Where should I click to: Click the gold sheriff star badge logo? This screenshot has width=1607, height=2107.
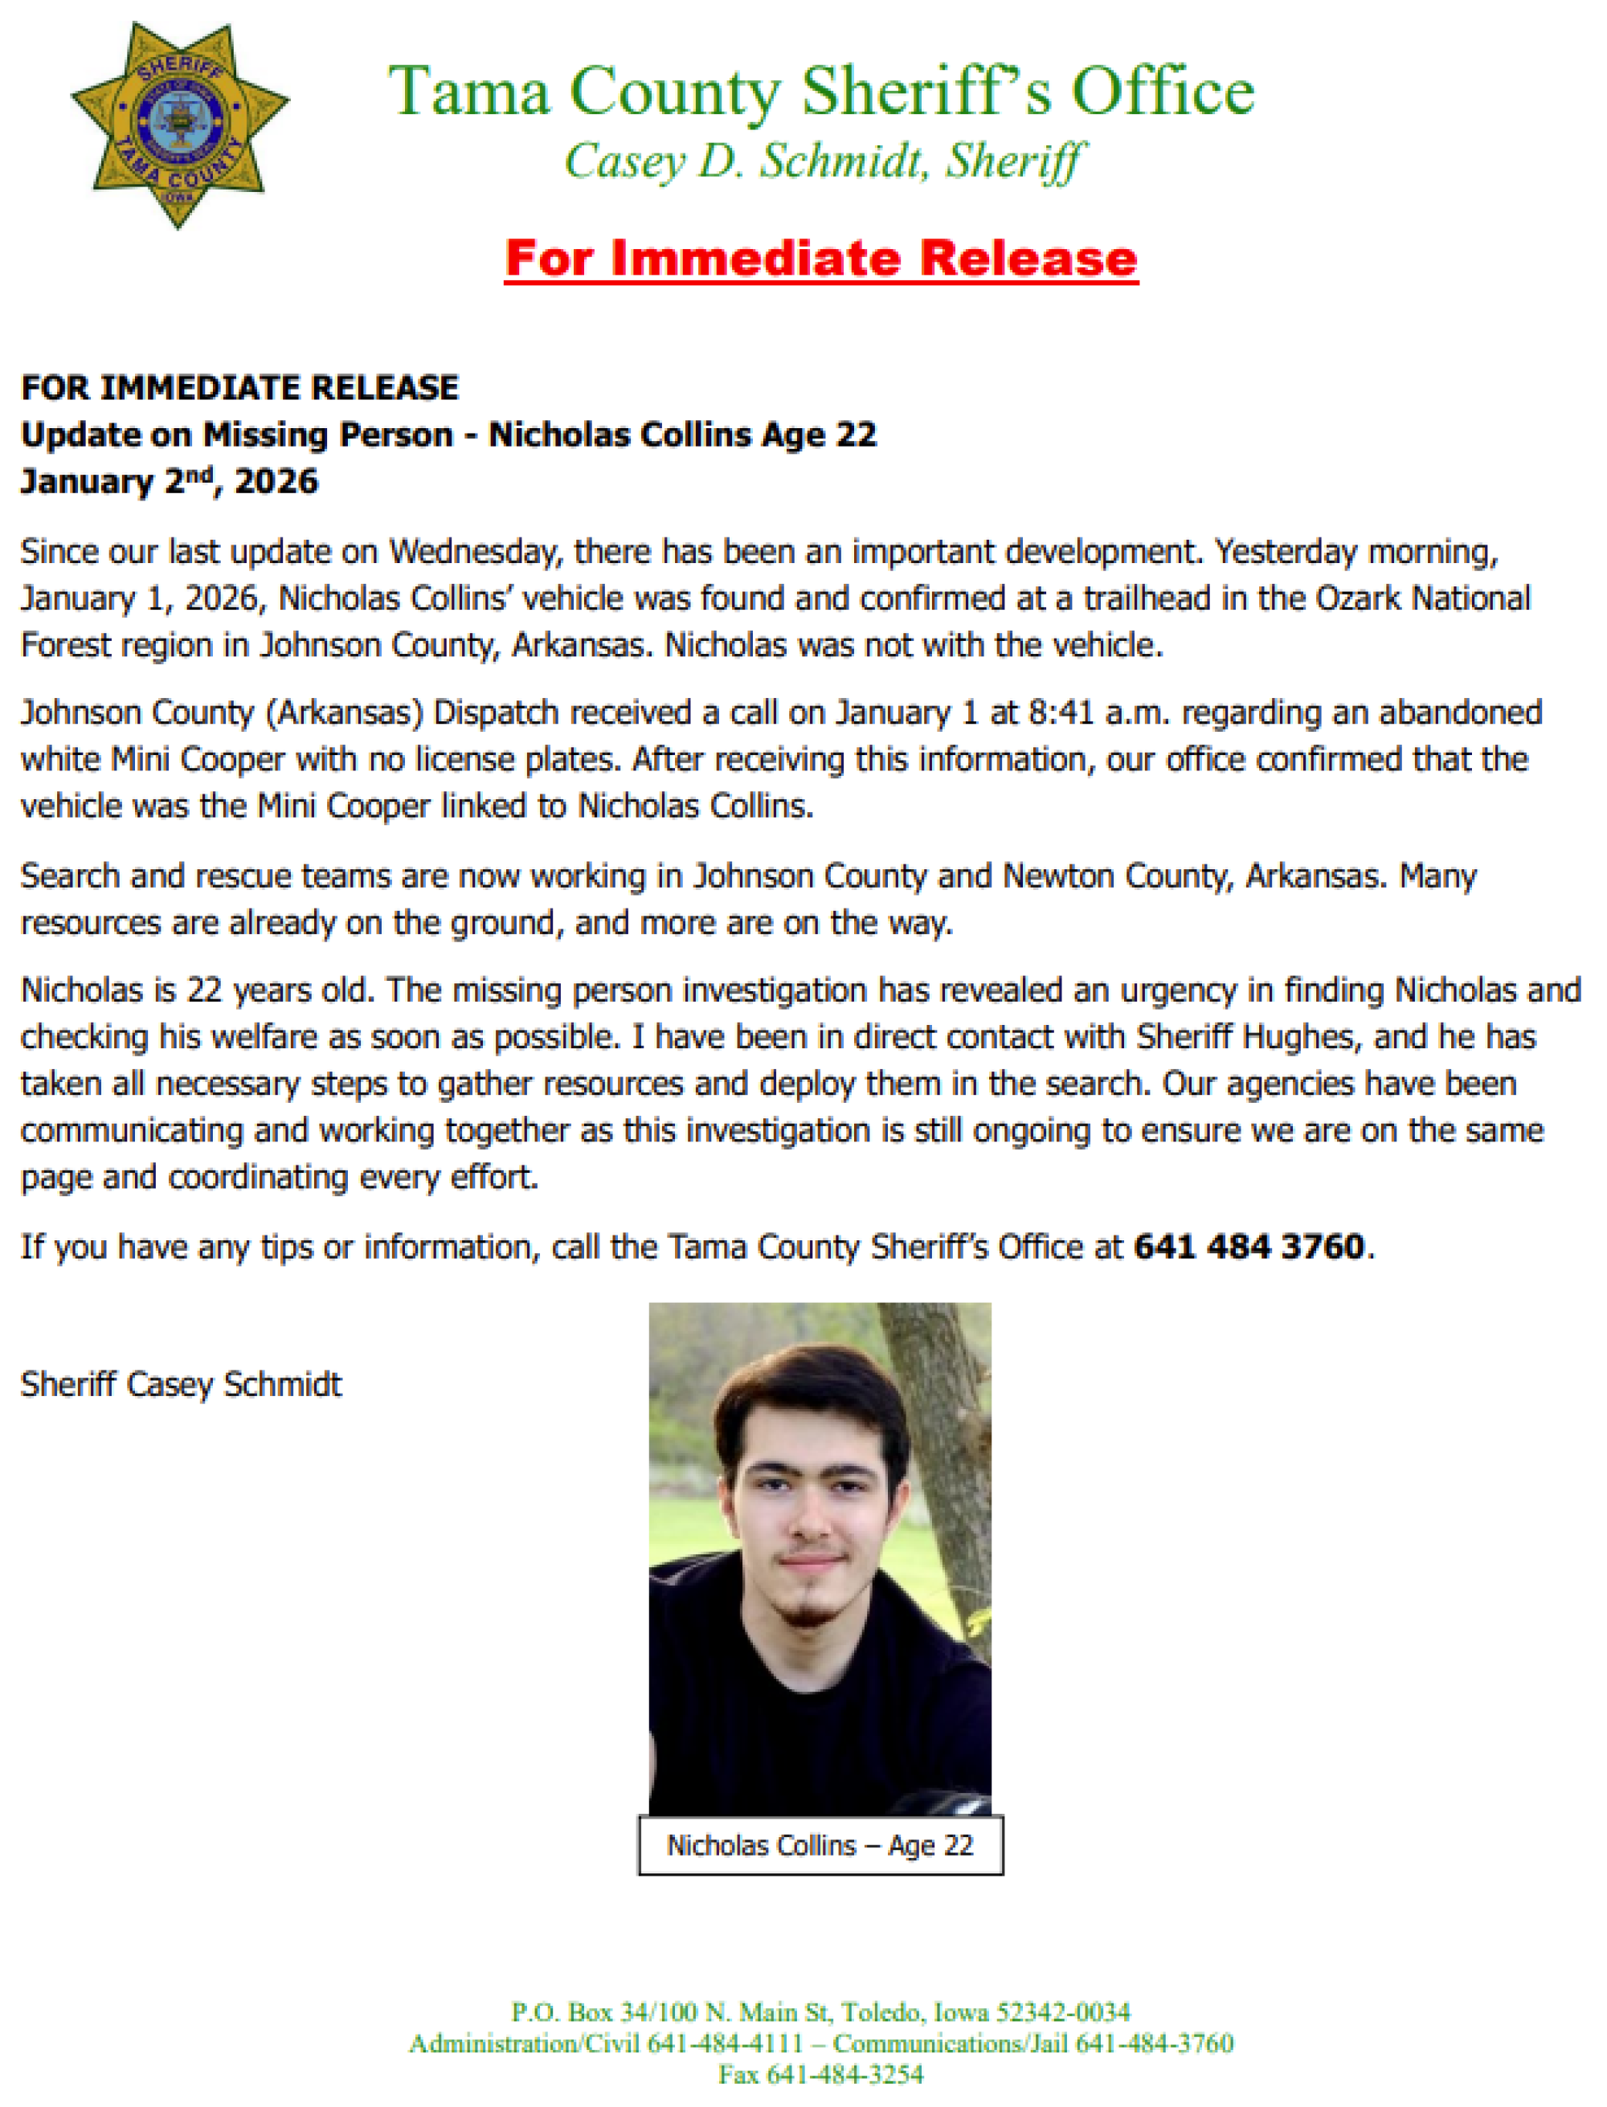(179, 125)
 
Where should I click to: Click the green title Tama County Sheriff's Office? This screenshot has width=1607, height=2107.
(820, 92)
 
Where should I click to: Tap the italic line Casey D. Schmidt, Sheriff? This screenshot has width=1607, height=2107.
(824, 161)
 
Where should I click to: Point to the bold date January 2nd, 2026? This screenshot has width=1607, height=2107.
(169, 481)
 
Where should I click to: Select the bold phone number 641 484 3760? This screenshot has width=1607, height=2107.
(1249, 1247)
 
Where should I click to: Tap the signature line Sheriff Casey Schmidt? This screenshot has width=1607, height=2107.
(181, 1384)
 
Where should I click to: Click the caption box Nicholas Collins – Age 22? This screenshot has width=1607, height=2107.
(820, 1845)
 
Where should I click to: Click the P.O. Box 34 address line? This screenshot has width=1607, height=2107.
(820, 2012)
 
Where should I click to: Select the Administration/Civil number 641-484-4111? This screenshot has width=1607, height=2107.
(725, 2044)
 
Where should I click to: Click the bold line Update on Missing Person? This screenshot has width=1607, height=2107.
(237, 435)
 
